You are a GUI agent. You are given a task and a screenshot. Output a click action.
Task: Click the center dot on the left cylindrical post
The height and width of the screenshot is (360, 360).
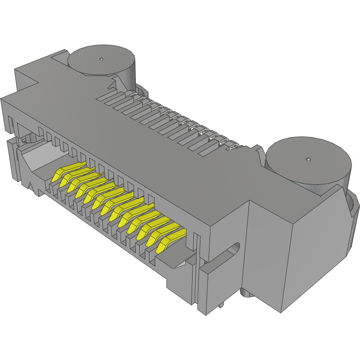101,59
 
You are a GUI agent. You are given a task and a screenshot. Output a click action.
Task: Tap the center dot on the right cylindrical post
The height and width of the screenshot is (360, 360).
308,160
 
